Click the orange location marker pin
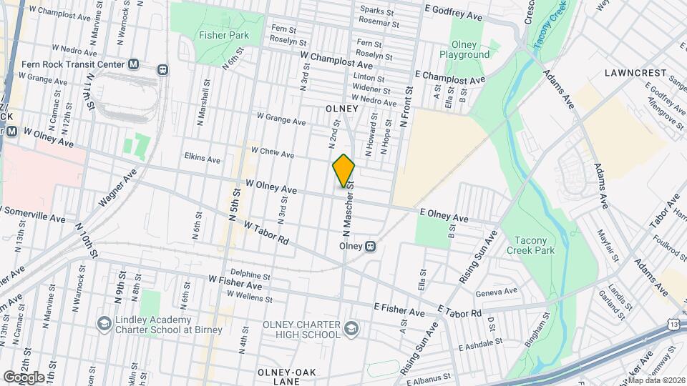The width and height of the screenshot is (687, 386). pyautogui.click(x=343, y=171)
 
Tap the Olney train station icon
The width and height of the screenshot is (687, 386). pyautogui.click(x=371, y=246)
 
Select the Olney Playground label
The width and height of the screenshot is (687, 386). pyautogui.click(x=464, y=49)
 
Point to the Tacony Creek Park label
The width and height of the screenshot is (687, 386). pyautogui.click(x=530, y=245)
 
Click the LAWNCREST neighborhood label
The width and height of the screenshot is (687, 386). pyautogui.click(x=635, y=73)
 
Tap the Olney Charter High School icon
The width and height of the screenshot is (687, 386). pyautogui.click(x=351, y=329)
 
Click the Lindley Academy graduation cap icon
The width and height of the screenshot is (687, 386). pyautogui.click(x=104, y=324)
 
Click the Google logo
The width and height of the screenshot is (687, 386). pyautogui.click(x=24, y=377)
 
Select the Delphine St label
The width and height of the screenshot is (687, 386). pyautogui.click(x=250, y=275)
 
